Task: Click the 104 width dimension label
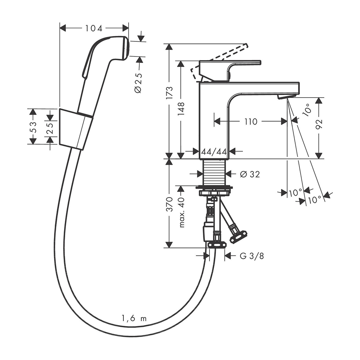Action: (94, 28)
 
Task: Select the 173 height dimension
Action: (169, 93)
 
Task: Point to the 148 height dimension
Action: (181, 109)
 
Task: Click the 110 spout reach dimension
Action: (251, 121)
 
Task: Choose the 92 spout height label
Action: (319, 125)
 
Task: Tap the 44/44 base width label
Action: (214, 152)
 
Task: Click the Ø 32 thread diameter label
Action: (250, 174)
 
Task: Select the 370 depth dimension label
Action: (169, 204)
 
